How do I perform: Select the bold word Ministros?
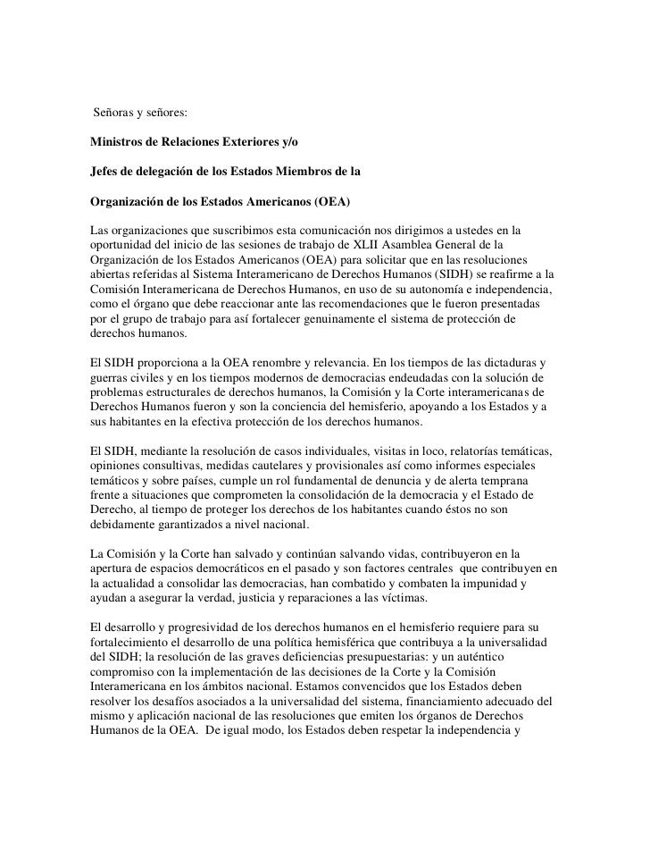pos(121,142)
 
